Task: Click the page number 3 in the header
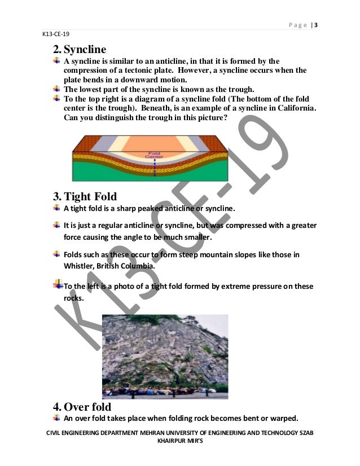316,25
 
